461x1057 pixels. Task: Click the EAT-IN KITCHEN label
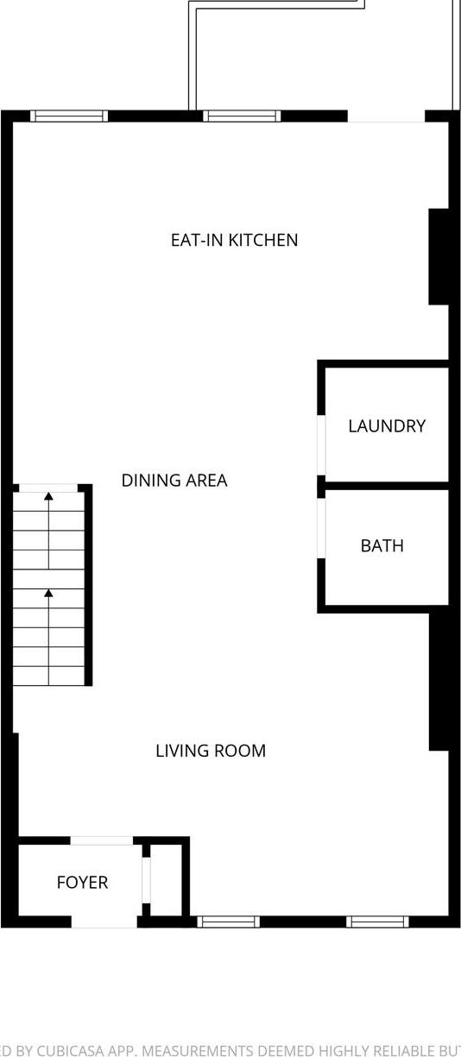pyautogui.click(x=234, y=240)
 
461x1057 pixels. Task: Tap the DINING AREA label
pyautogui.click(x=174, y=481)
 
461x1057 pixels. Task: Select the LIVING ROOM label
pyautogui.click(x=210, y=751)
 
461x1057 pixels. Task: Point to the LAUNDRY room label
pyautogui.click(x=386, y=425)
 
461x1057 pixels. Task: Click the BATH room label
pyautogui.click(x=382, y=545)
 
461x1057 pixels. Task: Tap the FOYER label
pyautogui.click(x=82, y=882)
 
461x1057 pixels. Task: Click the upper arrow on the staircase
pyautogui.click(x=48, y=497)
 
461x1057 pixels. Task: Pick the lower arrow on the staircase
pyautogui.click(x=48, y=594)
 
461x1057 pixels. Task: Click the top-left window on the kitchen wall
pyautogui.click(x=69, y=116)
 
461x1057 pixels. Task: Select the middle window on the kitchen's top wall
pyautogui.click(x=242, y=116)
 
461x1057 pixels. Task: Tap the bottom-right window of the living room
pyautogui.click(x=377, y=922)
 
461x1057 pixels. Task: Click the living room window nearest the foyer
pyautogui.click(x=228, y=922)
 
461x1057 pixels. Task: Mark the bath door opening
pyautogui.click(x=321, y=528)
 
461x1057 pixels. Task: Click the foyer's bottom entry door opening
pyautogui.click(x=104, y=922)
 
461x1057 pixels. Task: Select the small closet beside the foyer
pyautogui.click(x=166, y=879)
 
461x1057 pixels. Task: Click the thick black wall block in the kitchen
pyautogui.click(x=439, y=256)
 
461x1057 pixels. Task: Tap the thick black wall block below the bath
pyautogui.click(x=439, y=678)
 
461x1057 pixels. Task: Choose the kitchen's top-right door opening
pyautogui.click(x=386, y=116)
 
